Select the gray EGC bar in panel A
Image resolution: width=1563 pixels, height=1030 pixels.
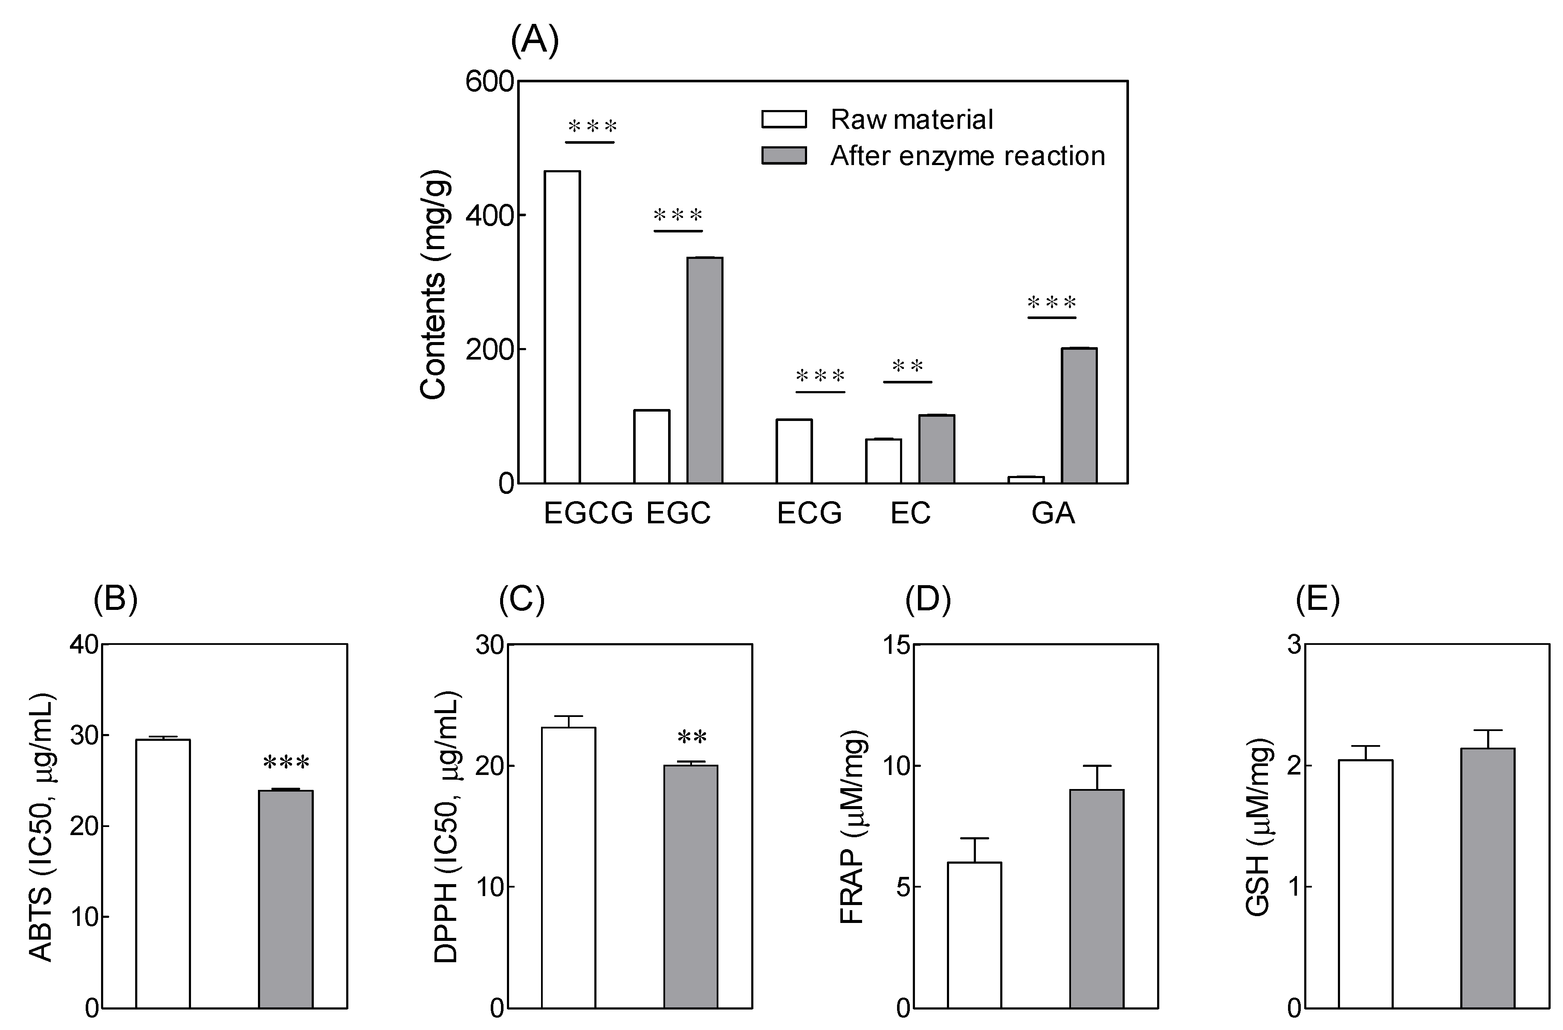[705, 371]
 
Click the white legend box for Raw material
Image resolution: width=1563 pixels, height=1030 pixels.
[784, 119]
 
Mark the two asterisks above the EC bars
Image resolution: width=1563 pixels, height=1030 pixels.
[908, 366]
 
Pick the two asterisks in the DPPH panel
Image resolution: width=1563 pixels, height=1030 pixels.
[692, 738]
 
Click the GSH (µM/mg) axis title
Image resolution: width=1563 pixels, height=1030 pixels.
[1258, 828]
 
